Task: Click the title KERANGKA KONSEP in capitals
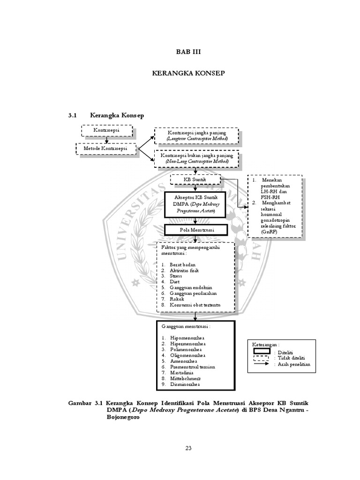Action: coord(180,74)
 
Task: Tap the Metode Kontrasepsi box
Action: coord(107,149)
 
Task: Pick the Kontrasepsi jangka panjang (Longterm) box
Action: coord(197,136)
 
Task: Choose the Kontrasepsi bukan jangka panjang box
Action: coord(197,158)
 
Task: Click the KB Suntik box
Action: coord(195,180)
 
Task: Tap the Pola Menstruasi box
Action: coord(196,230)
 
